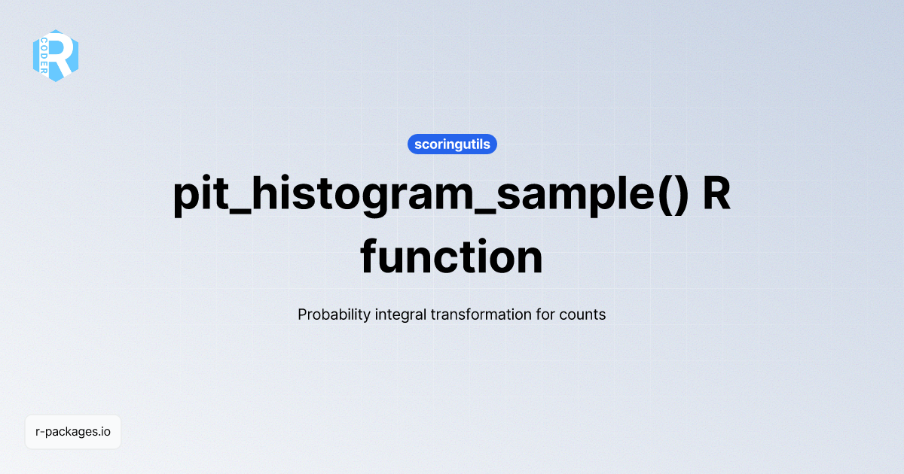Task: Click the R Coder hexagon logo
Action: click(x=56, y=56)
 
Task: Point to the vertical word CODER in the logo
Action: click(x=44, y=56)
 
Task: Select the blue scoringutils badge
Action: click(x=452, y=144)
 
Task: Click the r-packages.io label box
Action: click(x=73, y=432)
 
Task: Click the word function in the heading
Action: click(x=451, y=257)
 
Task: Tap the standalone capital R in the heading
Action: click(x=716, y=193)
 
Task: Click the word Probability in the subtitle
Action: click(x=334, y=314)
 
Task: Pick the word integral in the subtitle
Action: click(x=400, y=314)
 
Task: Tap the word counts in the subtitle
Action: click(x=582, y=315)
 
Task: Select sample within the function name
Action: click(x=576, y=195)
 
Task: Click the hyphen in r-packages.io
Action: click(x=42, y=433)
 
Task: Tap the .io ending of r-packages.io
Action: click(x=104, y=432)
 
